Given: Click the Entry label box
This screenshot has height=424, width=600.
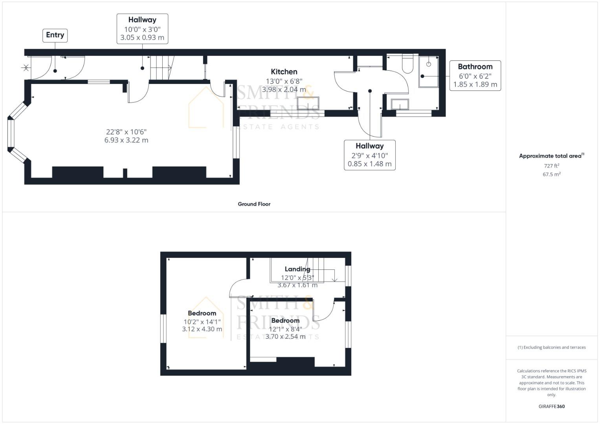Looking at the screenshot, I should (x=55, y=35).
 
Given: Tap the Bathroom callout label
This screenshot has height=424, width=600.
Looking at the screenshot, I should (x=475, y=75).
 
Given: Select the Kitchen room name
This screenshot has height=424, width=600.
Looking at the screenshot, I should (x=284, y=71).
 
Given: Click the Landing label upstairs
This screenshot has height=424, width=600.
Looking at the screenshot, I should (x=297, y=269).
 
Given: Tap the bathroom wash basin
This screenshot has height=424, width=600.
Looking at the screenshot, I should (x=400, y=104).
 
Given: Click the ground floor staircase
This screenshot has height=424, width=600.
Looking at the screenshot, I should (x=161, y=67).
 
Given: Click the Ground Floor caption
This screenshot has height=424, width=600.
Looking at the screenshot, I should (x=254, y=204).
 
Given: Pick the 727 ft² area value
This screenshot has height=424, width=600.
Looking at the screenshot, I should (x=551, y=166).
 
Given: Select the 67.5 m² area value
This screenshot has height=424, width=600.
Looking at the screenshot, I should (x=551, y=174).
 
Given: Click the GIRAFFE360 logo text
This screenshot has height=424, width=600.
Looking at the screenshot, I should (x=551, y=406).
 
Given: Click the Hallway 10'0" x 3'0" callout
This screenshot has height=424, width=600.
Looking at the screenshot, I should (x=142, y=28).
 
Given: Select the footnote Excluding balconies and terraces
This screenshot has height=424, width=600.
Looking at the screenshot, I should (x=551, y=347).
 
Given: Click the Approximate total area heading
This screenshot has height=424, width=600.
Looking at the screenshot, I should (x=551, y=156).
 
